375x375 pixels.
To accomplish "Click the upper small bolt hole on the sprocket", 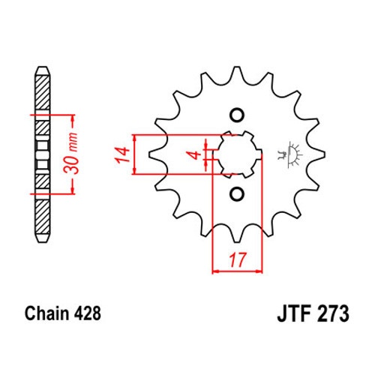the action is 237,115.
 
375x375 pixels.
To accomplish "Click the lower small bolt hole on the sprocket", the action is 237,193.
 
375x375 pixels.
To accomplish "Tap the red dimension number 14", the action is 122,155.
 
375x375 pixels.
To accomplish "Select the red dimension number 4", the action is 196,155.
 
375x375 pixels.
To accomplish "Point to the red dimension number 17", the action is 238,260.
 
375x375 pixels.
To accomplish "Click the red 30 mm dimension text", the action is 70,153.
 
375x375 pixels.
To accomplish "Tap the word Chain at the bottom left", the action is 47,313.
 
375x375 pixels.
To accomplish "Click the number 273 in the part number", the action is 333,313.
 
